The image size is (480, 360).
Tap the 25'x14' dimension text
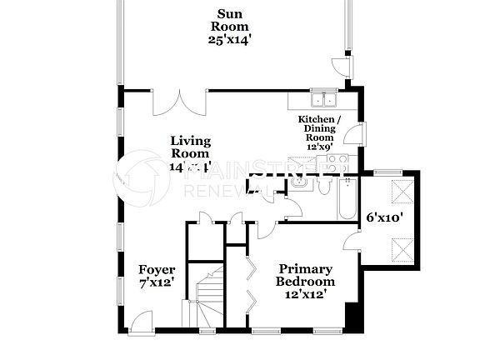(232, 39)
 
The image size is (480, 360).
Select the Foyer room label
(156, 269)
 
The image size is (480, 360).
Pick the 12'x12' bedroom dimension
(306, 294)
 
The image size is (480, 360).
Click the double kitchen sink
(322, 101)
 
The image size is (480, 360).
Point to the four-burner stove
(337, 162)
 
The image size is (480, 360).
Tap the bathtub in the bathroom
(347, 199)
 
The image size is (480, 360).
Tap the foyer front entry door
(142, 321)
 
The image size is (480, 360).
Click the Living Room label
(191, 147)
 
